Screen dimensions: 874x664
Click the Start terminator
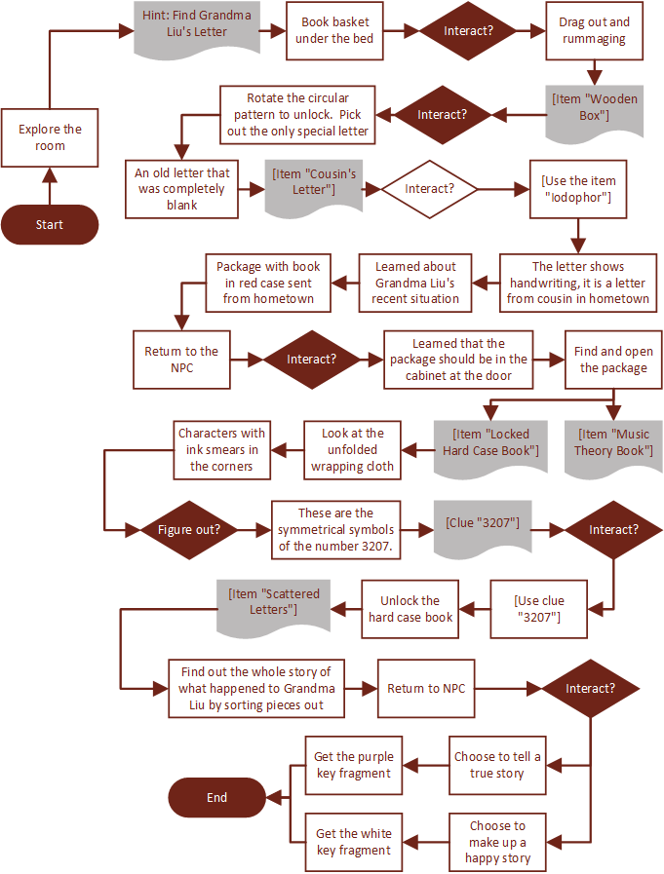(x=50, y=224)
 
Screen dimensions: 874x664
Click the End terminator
(x=216, y=797)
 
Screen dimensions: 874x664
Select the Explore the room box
(x=50, y=137)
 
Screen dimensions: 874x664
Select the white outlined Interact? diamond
(x=429, y=189)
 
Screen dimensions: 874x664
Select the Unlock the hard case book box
(x=410, y=609)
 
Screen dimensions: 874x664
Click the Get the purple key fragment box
(x=354, y=765)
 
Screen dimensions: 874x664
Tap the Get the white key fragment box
(x=354, y=841)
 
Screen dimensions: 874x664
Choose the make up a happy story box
(x=497, y=841)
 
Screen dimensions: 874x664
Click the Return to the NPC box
(x=181, y=360)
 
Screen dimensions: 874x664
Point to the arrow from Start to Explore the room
(x=50, y=185)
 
